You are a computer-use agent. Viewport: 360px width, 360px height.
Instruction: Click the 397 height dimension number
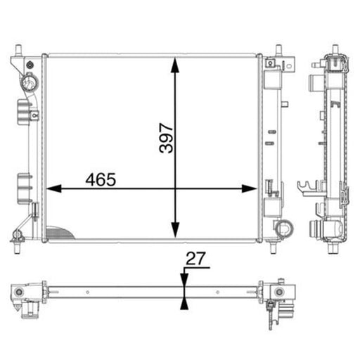point(166,139)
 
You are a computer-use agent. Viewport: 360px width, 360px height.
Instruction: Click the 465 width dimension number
point(101,180)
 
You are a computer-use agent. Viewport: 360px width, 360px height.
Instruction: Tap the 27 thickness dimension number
point(195,259)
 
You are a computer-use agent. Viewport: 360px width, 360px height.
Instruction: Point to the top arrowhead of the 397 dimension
point(175,65)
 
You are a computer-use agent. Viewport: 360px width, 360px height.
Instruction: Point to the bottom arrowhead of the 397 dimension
point(175,230)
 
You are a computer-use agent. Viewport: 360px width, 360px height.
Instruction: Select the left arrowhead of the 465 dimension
point(54,188)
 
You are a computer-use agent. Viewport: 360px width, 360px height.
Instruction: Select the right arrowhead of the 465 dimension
point(250,188)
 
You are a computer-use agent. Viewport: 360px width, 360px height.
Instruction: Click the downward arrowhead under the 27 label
point(184,280)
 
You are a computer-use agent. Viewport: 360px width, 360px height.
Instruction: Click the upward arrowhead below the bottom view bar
point(184,303)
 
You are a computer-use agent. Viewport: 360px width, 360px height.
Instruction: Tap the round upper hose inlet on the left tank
point(30,82)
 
